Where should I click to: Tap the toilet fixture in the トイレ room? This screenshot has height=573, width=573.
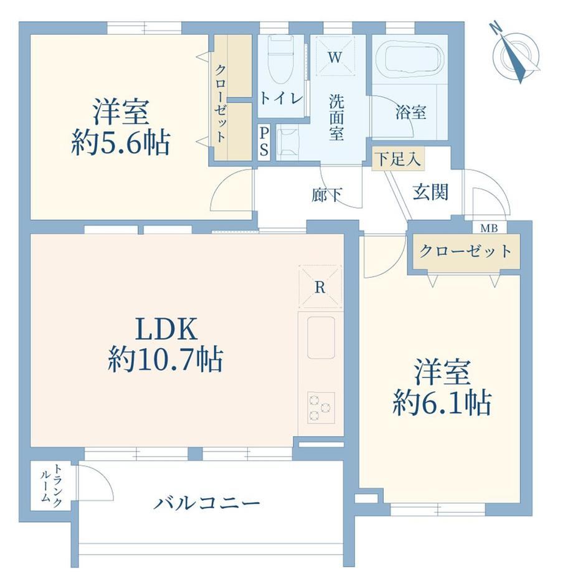(x=281, y=60)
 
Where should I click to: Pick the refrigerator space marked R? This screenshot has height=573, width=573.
(x=320, y=287)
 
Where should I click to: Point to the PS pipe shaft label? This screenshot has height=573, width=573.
(x=264, y=142)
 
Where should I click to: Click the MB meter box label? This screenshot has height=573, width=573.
(x=489, y=229)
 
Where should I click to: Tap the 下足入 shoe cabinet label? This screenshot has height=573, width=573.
(x=398, y=159)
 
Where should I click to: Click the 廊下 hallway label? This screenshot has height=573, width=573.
(x=327, y=195)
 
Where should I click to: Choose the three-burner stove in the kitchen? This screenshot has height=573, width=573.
(x=321, y=407)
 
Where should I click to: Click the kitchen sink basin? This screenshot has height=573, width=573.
(x=321, y=338)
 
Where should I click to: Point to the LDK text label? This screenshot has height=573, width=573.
(x=167, y=329)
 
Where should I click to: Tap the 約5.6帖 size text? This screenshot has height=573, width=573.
(x=121, y=143)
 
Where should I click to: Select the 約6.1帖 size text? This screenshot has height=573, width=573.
(x=442, y=403)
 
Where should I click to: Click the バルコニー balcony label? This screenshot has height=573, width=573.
(x=207, y=503)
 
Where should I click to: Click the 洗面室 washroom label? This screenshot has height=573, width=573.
(x=336, y=117)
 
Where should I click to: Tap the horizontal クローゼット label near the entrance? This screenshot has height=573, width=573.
(x=466, y=251)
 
